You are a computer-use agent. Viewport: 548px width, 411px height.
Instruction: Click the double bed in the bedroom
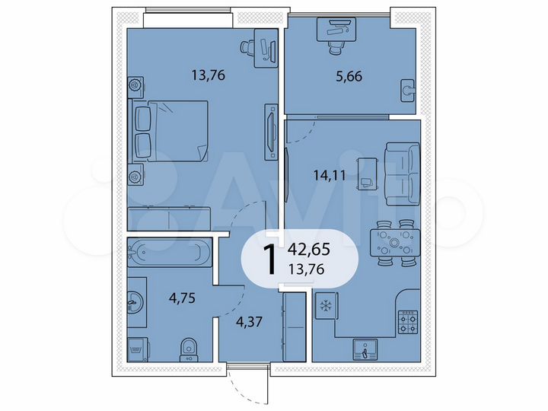(170, 132)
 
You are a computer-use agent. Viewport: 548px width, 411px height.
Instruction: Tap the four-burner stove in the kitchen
(409, 322)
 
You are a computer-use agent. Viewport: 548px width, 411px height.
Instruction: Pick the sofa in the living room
(403, 173)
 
